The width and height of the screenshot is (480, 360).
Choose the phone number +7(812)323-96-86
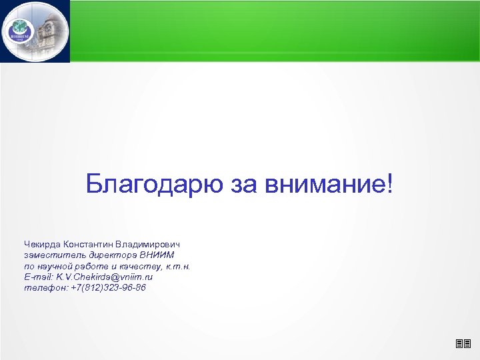coord(108,287)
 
